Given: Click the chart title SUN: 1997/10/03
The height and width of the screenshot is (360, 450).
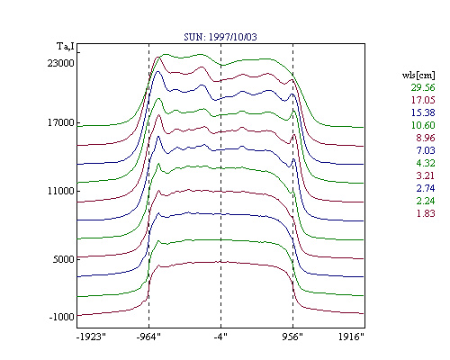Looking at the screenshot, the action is (x=220, y=37).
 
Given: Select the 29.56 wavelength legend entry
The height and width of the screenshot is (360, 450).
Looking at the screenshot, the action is (x=423, y=87).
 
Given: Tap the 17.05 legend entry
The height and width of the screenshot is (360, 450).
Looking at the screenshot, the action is (x=423, y=100).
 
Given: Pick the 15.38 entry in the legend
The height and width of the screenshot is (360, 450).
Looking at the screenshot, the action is (x=423, y=112).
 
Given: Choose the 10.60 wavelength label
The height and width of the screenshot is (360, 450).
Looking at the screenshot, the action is (x=423, y=125).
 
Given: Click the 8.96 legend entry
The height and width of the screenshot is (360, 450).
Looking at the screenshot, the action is (x=426, y=138).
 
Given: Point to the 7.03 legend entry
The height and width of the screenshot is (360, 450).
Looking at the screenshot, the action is (x=426, y=150).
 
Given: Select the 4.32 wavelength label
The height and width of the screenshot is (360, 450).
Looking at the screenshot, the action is (x=426, y=163).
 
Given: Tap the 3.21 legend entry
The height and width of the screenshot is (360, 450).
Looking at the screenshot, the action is (x=426, y=175).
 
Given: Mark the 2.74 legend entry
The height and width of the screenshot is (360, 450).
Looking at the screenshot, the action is (x=426, y=188).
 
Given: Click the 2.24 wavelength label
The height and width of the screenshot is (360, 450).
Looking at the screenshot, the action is (x=426, y=201).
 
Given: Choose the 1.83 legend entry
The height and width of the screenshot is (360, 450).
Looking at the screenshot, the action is (x=426, y=213).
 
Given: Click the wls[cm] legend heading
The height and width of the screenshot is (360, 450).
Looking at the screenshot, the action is (x=418, y=75).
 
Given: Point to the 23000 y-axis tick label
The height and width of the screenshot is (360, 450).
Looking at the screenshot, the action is (x=60, y=63).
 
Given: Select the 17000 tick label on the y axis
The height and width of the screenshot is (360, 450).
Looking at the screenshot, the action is (x=60, y=122).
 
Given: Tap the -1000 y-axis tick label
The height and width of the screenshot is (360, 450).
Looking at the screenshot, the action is (x=61, y=317).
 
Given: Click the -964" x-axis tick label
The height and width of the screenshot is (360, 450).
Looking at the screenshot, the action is (x=148, y=337).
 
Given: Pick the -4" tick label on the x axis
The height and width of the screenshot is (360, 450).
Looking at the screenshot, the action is (x=220, y=337).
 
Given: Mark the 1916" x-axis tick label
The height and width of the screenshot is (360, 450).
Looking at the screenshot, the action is (x=351, y=337).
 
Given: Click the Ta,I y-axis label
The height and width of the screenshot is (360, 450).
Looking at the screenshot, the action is (x=66, y=47).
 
